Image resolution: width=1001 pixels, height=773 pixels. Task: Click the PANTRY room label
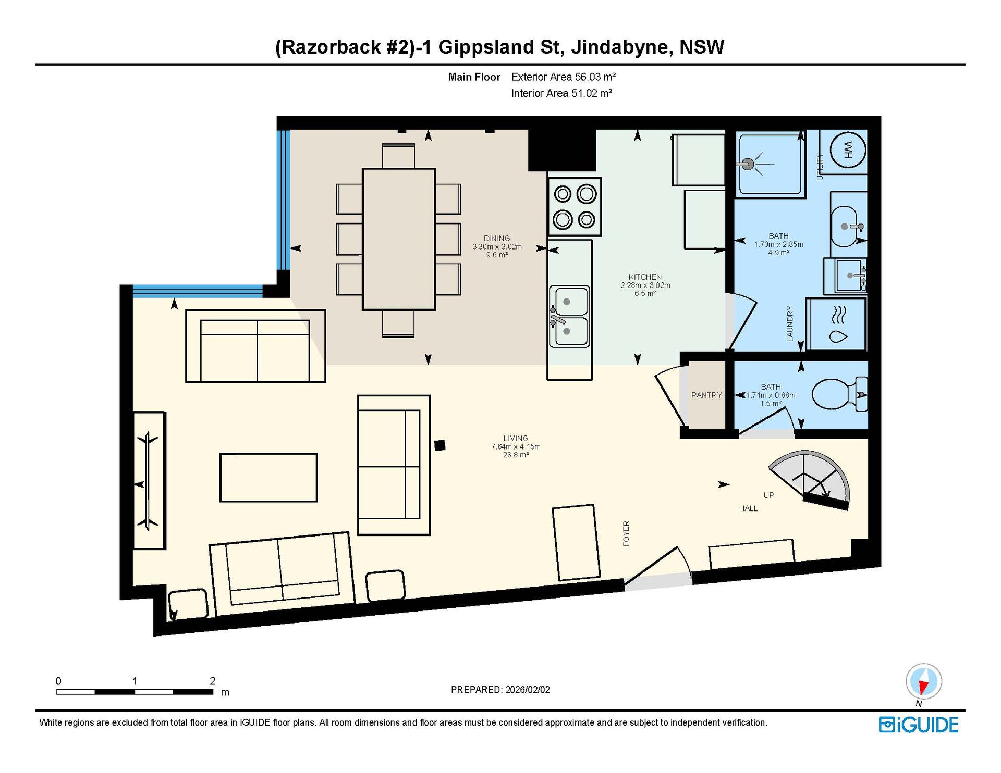(x=706, y=395)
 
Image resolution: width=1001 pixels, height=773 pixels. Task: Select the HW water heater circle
(x=848, y=150)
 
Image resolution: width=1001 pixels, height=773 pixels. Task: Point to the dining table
(x=399, y=239)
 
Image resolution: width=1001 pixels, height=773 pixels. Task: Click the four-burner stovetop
(x=575, y=207)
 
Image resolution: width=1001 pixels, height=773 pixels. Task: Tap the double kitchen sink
(x=570, y=316)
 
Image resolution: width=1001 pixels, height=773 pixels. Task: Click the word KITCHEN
(x=645, y=277)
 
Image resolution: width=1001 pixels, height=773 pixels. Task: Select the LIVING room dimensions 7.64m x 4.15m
(x=516, y=446)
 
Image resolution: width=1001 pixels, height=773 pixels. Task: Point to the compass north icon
(x=923, y=682)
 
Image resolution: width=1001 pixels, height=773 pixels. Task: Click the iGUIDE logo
(x=919, y=725)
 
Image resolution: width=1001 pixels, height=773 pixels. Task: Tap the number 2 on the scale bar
(x=213, y=681)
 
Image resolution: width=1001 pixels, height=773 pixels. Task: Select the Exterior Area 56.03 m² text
(x=564, y=77)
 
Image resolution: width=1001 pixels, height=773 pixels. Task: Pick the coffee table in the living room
(x=268, y=478)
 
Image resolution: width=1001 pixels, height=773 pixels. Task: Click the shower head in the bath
(x=749, y=164)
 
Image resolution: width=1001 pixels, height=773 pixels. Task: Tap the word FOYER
(x=626, y=533)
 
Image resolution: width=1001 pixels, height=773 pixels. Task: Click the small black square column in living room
(x=440, y=445)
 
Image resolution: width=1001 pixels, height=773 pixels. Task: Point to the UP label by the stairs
(x=769, y=495)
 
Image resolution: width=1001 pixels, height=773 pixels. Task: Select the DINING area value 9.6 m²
(x=497, y=255)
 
